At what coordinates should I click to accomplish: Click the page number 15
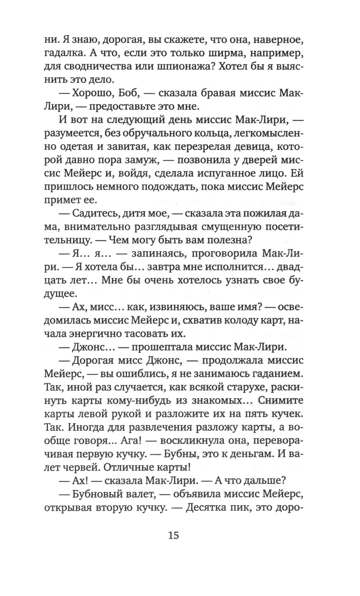point(173,535)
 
